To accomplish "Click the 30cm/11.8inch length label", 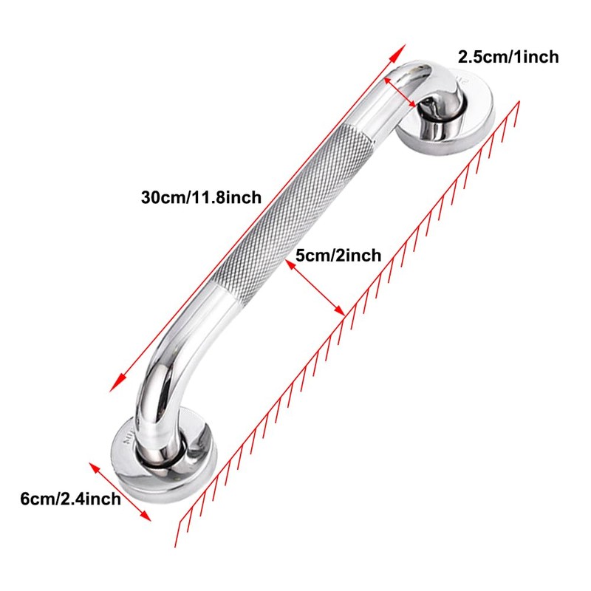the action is (x=201, y=197).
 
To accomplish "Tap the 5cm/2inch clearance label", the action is (x=338, y=256).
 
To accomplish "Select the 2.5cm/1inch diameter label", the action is (x=508, y=56).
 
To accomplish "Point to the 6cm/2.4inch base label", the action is (x=70, y=499).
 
